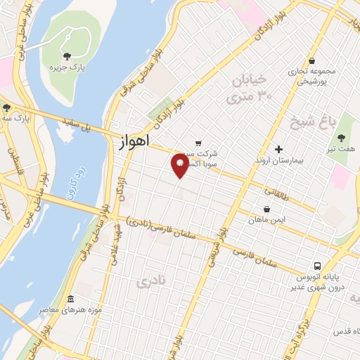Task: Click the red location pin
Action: [x=180, y=166]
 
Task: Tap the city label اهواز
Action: [x=131, y=141]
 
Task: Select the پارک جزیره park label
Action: [x=67, y=68]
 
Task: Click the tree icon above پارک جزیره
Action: [x=67, y=56]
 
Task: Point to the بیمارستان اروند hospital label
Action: [x=278, y=161]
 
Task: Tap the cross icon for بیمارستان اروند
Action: [x=278, y=149]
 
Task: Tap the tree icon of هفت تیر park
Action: [x=342, y=137]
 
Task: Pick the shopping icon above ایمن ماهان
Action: [x=266, y=209]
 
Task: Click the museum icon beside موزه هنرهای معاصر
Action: [x=68, y=298]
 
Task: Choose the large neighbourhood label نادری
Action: [x=151, y=283]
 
